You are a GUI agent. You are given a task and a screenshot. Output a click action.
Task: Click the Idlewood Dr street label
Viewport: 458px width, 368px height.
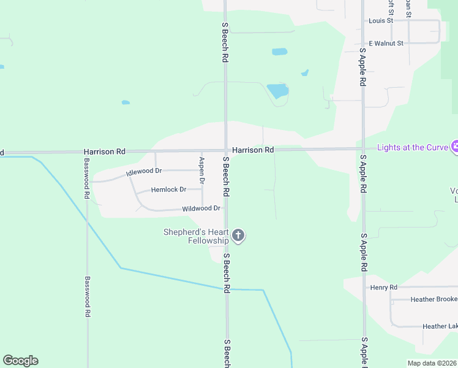(x=144, y=172)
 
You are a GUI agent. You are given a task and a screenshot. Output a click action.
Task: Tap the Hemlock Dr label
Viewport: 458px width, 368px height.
(x=168, y=190)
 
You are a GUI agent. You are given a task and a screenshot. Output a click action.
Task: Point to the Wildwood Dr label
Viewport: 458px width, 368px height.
(x=201, y=209)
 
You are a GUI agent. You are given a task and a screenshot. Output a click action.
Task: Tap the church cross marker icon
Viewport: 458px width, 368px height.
(x=239, y=236)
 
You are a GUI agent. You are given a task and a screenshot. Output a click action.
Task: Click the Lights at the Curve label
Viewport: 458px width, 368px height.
(x=412, y=147)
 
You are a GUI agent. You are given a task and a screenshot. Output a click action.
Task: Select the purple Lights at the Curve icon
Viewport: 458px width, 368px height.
(x=454, y=147)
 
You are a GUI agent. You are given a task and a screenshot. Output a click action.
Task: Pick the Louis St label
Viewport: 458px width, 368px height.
(x=381, y=20)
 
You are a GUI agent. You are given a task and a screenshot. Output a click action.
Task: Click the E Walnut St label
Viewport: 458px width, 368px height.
(x=386, y=44)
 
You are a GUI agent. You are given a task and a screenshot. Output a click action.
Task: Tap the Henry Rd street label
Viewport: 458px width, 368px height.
(x=384, y=287)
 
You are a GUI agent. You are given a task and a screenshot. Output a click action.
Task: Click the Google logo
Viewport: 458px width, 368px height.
(x=20, y=361)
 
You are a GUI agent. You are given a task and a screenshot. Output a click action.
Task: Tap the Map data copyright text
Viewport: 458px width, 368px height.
(x=432, y=363)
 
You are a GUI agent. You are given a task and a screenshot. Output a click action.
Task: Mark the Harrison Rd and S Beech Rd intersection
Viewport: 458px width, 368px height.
(x=225, y=150)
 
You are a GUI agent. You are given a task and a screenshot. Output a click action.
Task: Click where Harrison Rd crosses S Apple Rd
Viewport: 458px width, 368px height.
(x=363, y=148)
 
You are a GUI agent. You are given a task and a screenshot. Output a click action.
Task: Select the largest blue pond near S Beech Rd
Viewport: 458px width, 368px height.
(x=277, y=91)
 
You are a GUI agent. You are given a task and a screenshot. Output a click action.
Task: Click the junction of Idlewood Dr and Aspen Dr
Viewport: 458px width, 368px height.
(x=202, y=170)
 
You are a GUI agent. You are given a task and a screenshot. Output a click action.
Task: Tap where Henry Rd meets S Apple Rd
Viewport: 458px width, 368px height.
(x=364, y=286)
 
